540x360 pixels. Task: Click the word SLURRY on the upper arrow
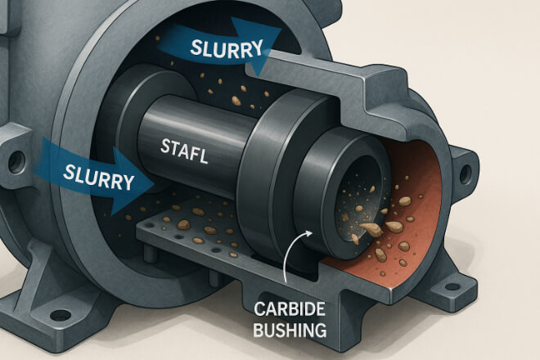coord(227,46)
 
